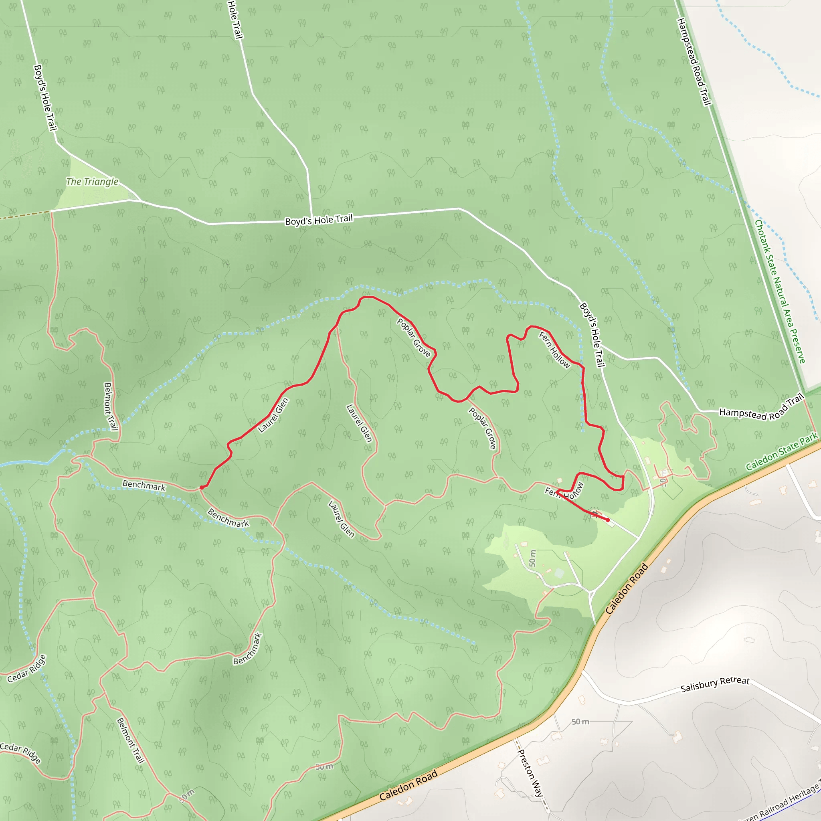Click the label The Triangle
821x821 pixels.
pyautogui.click(x=92, y=182)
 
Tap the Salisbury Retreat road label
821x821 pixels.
pyautogui.click(x=715, y=684)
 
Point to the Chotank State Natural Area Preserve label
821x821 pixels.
pyautogui.click(x=780, y=291)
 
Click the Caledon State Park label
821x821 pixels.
pyautogui.click(x=781, y=451)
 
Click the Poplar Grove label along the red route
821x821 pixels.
pyautogui.click(x=413, y=338)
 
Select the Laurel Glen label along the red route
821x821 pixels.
pyautogui.click(x=273, y=415)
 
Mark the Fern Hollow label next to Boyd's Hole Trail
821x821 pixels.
pyautogui.click(x=554, y=350)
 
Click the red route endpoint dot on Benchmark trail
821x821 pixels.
pyautogui.click(x=201, y=488)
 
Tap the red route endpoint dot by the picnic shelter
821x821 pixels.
pyautogui.click(x=608, y=520)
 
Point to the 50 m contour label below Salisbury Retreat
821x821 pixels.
pyautogui.click(x=580, y=722)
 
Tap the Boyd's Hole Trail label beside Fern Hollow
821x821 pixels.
pyautogui.click(x=592, y=334)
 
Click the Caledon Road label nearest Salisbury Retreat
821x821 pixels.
pyautogui.click(x=627, y=588)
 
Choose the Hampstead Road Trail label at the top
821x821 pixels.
pyautogui.click(x=694, y=62)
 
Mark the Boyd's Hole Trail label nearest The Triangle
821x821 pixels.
pyautogui.click(x=44, y=98)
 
